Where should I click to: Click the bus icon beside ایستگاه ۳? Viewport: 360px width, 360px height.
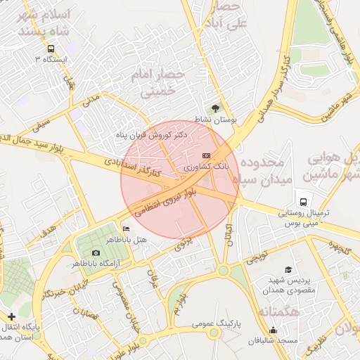pos(51,49)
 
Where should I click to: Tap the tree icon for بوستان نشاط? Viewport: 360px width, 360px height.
pos(214,108)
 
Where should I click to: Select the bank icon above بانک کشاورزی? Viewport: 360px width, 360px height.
pos(206,155)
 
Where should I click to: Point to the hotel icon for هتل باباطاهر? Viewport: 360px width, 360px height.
pos(126,229)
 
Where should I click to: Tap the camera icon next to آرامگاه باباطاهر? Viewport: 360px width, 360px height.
pos(96,252)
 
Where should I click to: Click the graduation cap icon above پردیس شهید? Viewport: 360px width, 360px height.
pos(288,269)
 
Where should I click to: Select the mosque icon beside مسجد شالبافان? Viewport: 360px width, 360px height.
pos(273,330)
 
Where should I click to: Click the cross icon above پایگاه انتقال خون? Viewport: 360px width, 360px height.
pos(11,317)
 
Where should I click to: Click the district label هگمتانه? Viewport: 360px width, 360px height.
pos(280,311)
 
